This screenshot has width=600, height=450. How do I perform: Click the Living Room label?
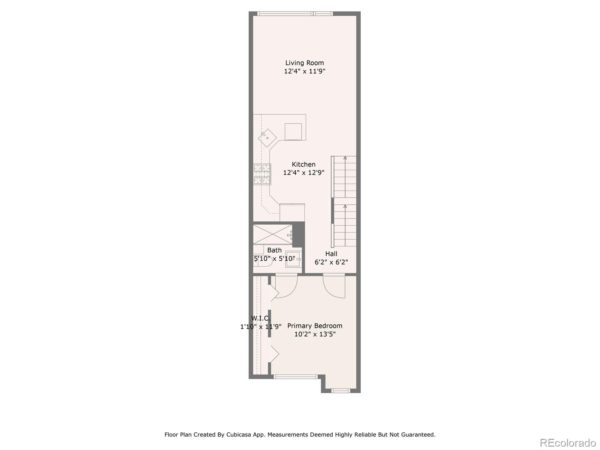(304, 63)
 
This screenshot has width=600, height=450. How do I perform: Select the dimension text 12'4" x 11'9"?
(304, 71)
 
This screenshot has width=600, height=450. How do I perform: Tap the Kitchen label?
(304, 164)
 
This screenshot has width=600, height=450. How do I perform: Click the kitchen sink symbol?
(267, 137)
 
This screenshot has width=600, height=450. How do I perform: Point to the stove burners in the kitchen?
(262, 174)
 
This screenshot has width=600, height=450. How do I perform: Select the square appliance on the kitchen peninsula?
(293, 131)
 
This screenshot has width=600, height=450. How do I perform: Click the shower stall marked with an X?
(273, 234)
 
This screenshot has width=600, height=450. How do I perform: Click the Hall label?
(331, 254)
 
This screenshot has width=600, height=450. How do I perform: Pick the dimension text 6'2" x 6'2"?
(331, 262)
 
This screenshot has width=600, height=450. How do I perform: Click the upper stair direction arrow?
(345, 158)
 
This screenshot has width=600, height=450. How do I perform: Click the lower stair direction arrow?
(345, 206)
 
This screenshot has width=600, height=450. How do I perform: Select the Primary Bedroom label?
(315, 326)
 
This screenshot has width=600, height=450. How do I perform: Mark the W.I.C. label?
(260, 318)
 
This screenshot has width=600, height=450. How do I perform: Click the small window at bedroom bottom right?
(340, 391)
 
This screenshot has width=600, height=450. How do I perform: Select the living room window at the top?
(295, 14)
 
